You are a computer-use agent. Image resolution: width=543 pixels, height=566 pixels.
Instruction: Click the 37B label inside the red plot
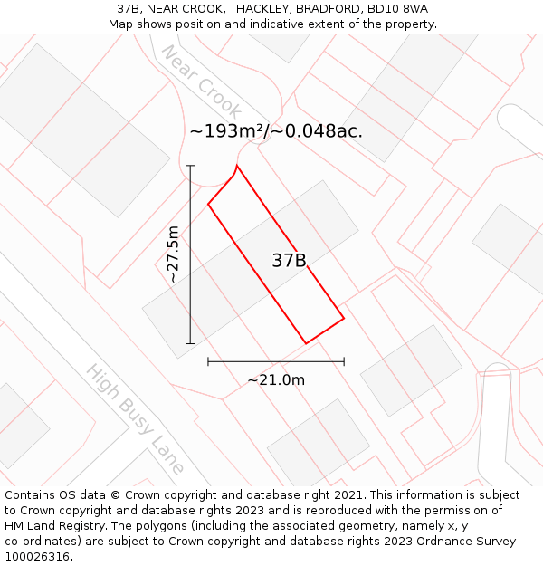pyautogui.click(x=289, y=261)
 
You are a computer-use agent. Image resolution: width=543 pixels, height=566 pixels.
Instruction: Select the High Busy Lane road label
pyautogui.click(x=135, y=418)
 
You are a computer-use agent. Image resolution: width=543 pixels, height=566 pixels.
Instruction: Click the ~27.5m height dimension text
pyautogui.click(x=173, y=254)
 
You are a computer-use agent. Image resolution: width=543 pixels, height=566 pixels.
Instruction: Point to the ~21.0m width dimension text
pyautogui.click(x=276, y=380)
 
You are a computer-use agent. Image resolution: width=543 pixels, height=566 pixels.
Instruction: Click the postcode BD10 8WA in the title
pyautogui.click(x=397, y=9)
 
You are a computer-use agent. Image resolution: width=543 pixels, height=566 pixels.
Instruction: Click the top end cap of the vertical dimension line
pyautogui.click(x=190, y=166)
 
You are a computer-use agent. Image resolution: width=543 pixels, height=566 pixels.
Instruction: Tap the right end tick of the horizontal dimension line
pyautogui.click(x=344, y=361)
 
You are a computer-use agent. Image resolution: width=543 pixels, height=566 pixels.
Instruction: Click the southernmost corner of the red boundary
pyautogui.click(x=306, y=343)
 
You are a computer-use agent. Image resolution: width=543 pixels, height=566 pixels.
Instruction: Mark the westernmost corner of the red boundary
pyautogui.click(x=208, y=204)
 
